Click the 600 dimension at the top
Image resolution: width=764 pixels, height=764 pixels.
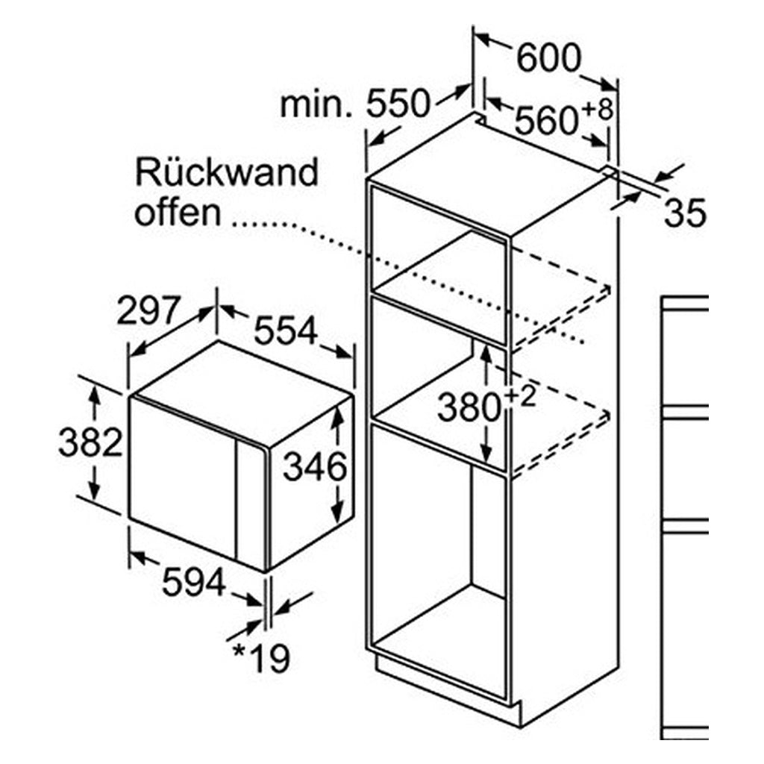pyautogui.click(x=548, y=58)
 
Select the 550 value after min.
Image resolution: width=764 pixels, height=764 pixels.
pyautogui.click(x=398, y=103)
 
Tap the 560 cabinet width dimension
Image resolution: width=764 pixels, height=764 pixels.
pyautogui.click(x=546, y=121)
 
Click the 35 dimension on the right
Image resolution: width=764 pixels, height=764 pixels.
pyautogui.click(x=685, y=213)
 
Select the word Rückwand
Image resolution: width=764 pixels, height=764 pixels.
pyautogui.click(x=227, y=171)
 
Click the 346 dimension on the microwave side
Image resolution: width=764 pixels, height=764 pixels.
pyautogui.click(x=315, y=466)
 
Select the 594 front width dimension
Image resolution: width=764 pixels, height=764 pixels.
pyautogui.click(x=193, y=582)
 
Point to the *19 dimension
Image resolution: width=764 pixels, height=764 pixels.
pyautogui.click(x=261, y=657)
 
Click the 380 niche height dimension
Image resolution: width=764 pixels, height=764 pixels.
pyautogui.click(x=469, y=407)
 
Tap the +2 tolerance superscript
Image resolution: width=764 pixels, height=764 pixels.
pyautogui.click(x=520, y=398)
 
